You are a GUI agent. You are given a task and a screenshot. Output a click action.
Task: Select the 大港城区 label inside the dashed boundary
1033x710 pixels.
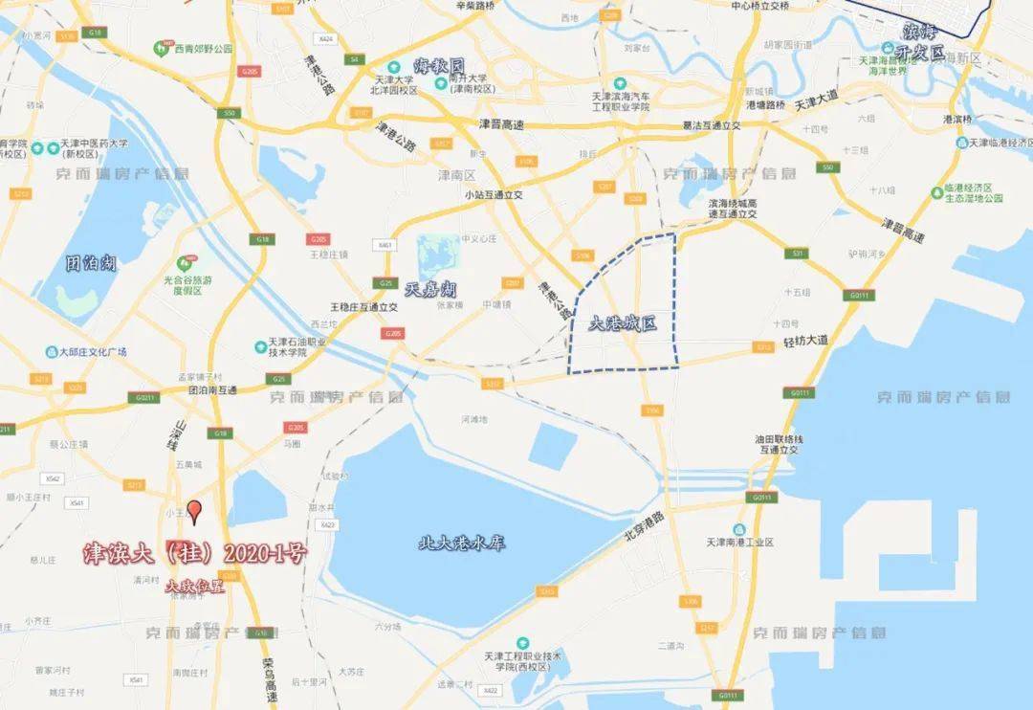click(x=623, y=323)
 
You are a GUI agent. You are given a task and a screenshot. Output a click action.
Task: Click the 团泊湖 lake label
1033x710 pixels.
click(x=92, y=262)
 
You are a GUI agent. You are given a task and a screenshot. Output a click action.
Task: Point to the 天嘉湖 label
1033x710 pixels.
click(x=430, y=288)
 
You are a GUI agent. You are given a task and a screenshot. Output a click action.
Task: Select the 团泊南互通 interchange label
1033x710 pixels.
click(x=211, y=390)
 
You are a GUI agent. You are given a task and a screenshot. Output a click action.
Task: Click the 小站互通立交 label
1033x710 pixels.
click(x=494, y=194)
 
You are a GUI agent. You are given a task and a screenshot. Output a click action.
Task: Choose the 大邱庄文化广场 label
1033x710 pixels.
click(x=98, y=351)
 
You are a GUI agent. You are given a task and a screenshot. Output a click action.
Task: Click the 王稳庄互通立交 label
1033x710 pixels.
click(x=363, y=307)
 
